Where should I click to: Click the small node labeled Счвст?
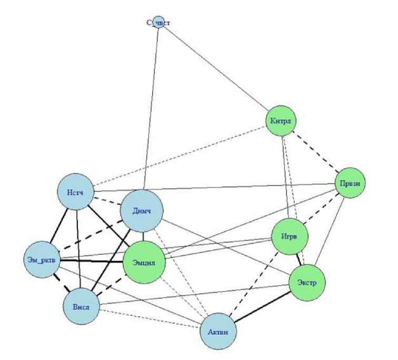pyautogui.click(x=158, y=23)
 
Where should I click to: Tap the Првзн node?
pyautogui.click(x=350, y=183)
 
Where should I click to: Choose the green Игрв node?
pyautogui.click(x=289, y=237)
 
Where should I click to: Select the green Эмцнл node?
pyautogui.click(x=144, y=261)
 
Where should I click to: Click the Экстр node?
pyautogui.click(x=307, y=282)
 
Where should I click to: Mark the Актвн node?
pyautogui.click(x=218, y=331)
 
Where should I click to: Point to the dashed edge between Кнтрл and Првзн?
pyautogui.click(x=316, y=152)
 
